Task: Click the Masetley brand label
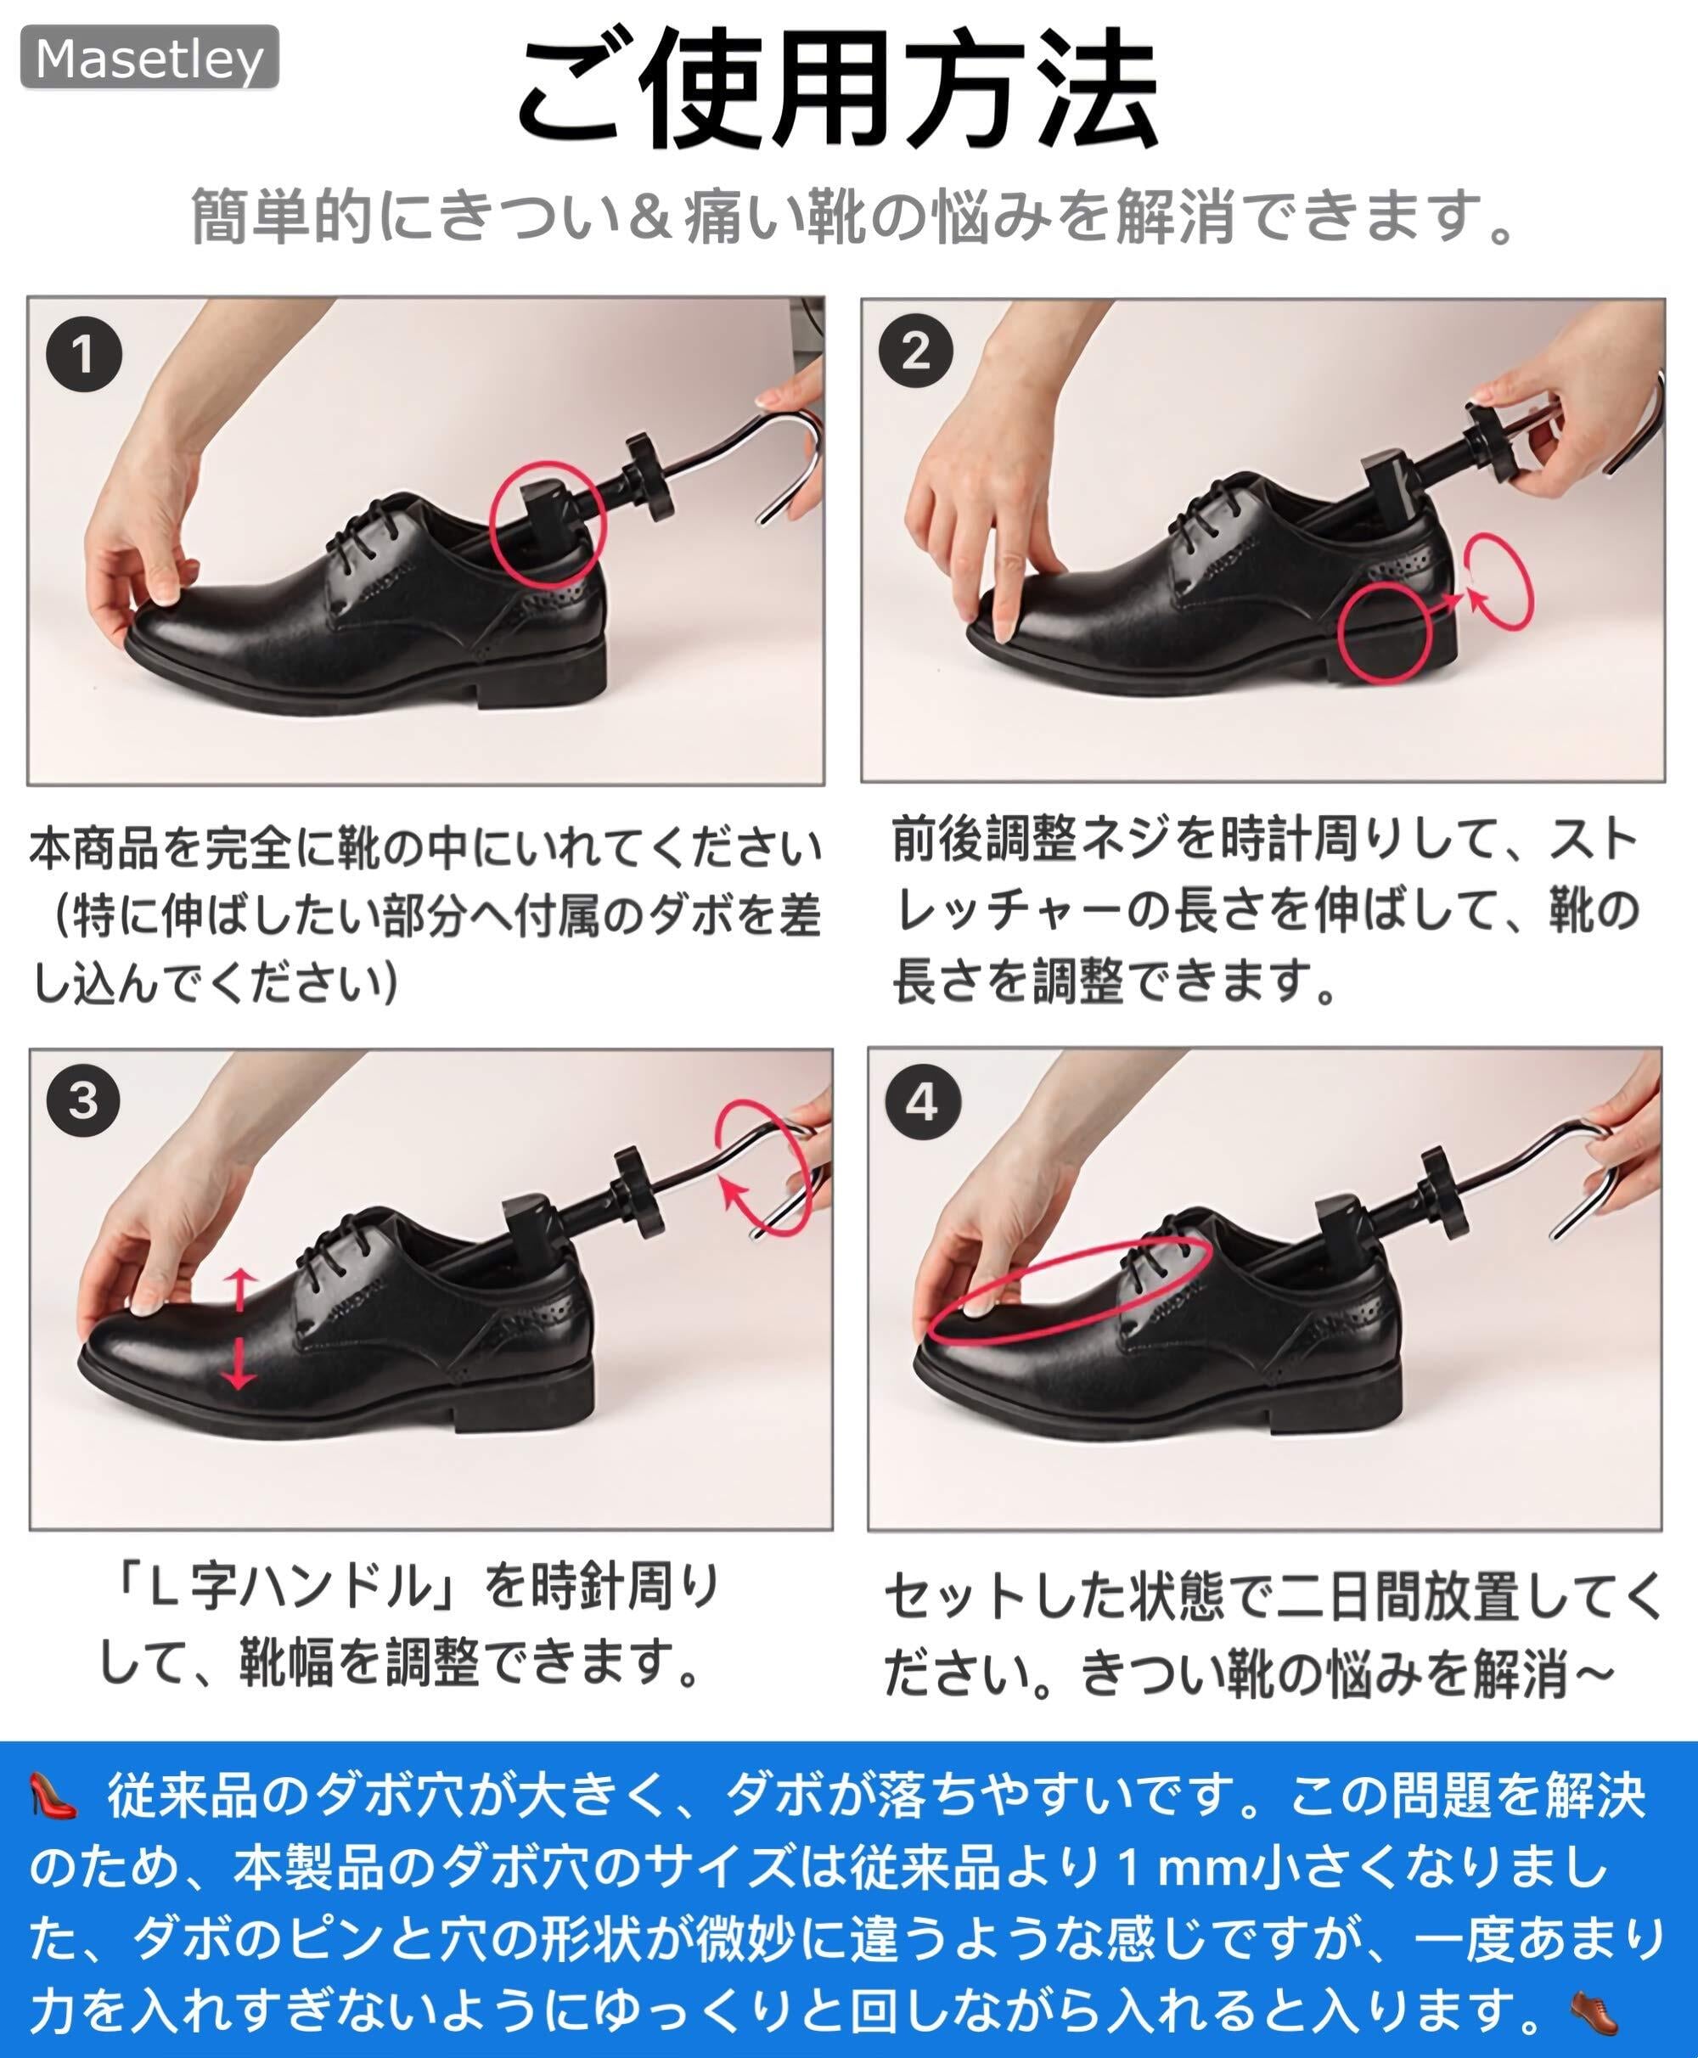(x=149, y=58)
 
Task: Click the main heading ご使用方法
(x=838, y=89)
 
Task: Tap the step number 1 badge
(x=84, y=353)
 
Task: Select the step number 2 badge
(x=915, y=350)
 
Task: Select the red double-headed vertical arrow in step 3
(x=239, y=1330)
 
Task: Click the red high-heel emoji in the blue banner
(x=53, y=1796)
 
